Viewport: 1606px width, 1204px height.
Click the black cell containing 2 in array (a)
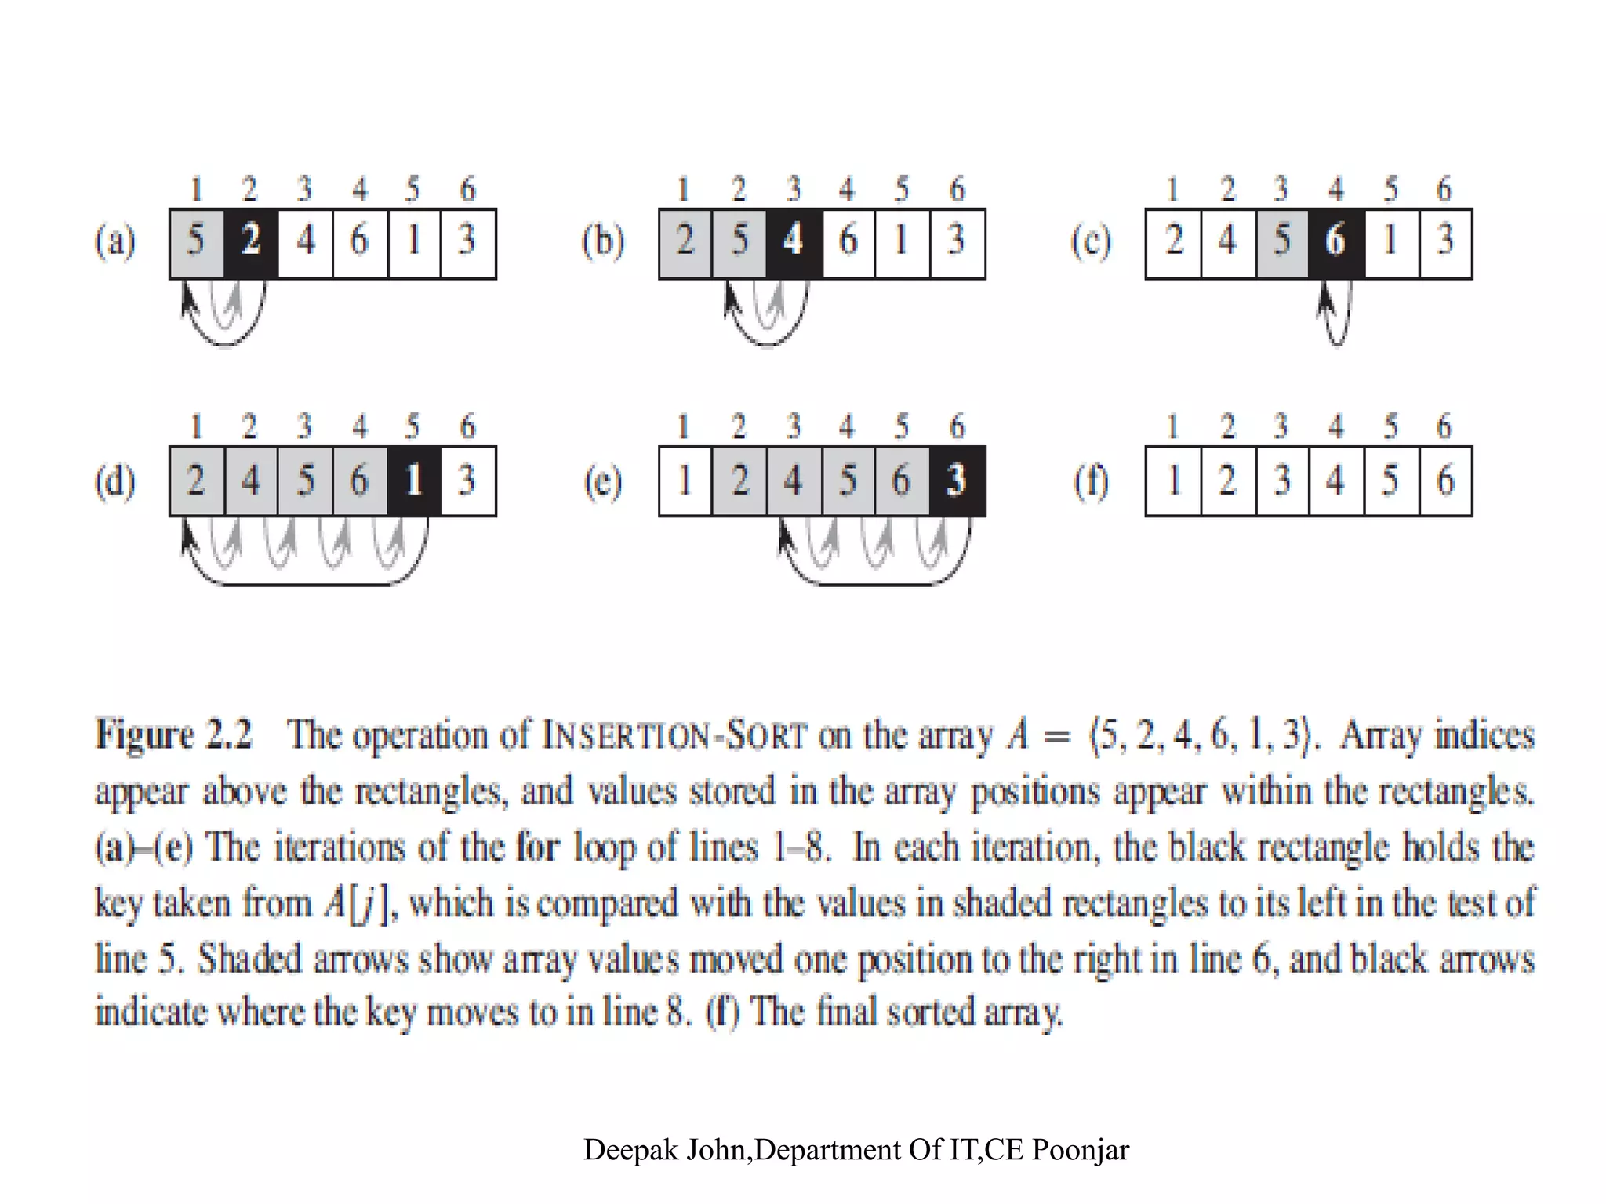(251, 243)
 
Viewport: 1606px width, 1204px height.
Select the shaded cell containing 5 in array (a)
(197, 243)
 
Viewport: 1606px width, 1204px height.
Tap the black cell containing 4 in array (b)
(794, 243)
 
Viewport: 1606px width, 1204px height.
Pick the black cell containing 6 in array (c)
(1335, 243)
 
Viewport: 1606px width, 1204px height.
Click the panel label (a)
(114, 241)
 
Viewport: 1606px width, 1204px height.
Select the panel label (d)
(114, 481)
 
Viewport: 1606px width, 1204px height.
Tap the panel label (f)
(1091, 481)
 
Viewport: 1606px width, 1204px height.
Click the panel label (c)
(1091, 241)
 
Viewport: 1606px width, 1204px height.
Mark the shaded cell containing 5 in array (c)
(1282, 243)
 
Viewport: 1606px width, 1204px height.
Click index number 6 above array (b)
(957, 190)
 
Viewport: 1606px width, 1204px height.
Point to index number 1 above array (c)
(1173, 190)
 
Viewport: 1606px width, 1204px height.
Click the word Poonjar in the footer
(1081, 1150)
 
